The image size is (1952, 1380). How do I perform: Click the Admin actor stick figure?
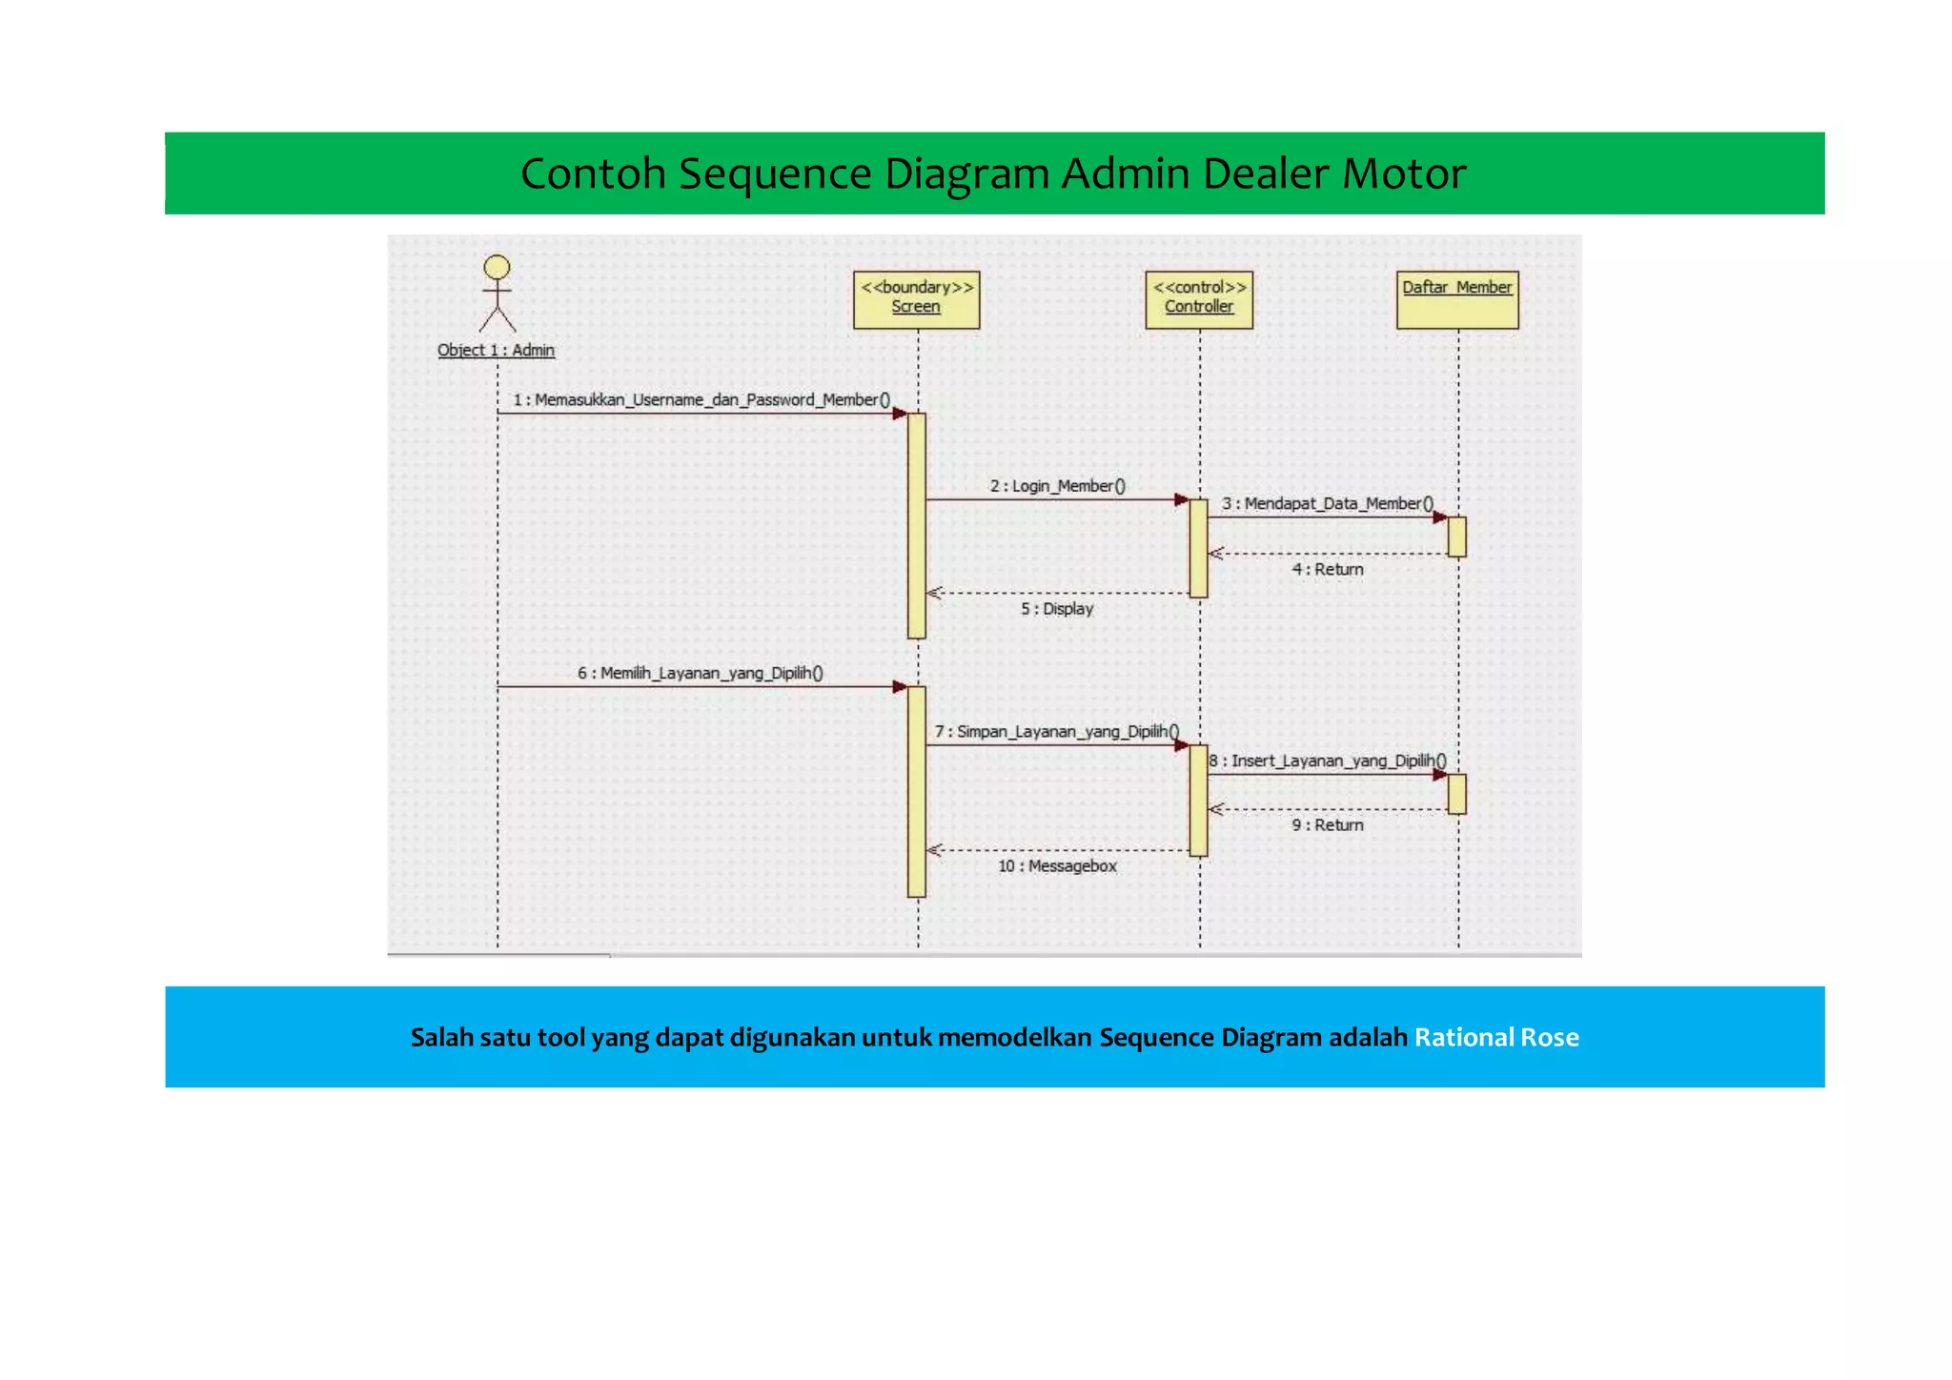497,294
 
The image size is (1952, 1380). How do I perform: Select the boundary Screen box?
916,299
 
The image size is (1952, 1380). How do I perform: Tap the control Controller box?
1199,299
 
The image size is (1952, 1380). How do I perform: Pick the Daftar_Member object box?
1457,299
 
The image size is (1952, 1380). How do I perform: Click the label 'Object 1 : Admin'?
496,350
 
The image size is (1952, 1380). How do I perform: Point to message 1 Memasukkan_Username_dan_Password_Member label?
701,399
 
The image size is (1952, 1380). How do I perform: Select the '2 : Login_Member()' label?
1058,486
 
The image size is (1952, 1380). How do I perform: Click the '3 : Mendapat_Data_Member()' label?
1328,503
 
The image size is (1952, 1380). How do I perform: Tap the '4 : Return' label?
1328,569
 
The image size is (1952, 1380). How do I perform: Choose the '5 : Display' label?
1057,608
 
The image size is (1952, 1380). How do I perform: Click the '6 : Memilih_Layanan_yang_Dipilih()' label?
701,673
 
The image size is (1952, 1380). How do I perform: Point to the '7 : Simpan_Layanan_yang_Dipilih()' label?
1057,731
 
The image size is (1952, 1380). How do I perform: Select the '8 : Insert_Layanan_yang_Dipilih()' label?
1328,761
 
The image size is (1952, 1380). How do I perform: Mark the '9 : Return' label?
1328,824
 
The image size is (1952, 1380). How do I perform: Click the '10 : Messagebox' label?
1057,865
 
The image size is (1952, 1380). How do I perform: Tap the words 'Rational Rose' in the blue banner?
1496,1037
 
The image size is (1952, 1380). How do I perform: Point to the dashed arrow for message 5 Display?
1058,593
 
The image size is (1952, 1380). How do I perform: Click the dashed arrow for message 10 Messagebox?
1058,850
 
